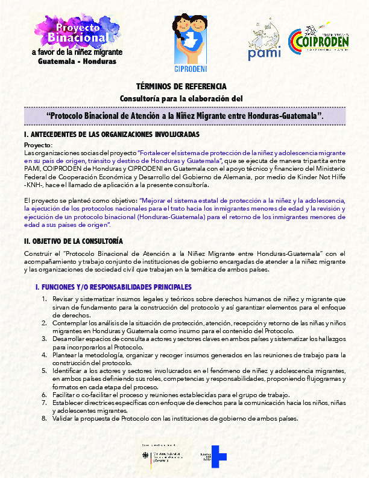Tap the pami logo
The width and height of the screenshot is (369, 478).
coord(264,42)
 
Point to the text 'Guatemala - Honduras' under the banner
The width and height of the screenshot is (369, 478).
coord(77,62)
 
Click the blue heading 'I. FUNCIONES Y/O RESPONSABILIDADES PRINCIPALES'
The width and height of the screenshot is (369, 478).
coord(114,287)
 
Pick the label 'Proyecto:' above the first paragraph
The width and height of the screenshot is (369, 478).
coord(38,145)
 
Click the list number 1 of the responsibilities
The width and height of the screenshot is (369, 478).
coord(44,299)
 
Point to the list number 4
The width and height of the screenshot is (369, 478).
coord(44,355)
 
